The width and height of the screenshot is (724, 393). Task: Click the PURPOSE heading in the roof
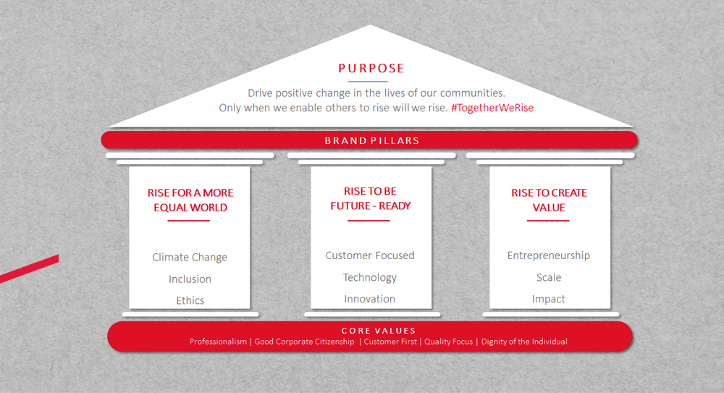[371, 68]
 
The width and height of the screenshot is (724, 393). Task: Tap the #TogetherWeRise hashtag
[492, 108]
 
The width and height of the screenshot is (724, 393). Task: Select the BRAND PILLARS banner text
[371, 140]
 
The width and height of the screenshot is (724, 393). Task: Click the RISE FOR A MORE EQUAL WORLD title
[190, 200]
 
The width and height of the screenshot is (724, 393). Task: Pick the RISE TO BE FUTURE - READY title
[370, 198]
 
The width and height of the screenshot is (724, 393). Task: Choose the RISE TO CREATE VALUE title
[549, 200]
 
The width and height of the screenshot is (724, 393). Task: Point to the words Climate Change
[190, 257]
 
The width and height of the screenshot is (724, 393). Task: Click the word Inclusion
[190, 279]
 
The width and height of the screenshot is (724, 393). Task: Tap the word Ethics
[190, 300]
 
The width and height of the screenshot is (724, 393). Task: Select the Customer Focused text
[370, 255]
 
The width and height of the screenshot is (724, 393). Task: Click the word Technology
[370, 277]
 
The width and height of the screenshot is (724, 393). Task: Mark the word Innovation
[369, 299]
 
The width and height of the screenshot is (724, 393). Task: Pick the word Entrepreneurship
[549, 255]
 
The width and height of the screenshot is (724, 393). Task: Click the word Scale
[549, 277]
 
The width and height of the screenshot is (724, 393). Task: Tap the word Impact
[549, 299]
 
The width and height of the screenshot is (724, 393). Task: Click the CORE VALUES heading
[379, 331]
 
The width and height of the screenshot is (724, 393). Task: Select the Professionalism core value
[218, 342]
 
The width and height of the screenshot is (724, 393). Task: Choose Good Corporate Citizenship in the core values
[304, 342]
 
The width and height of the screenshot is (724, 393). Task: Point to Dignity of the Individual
[524, 342]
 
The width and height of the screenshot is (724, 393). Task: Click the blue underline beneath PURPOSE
[368, 82]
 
